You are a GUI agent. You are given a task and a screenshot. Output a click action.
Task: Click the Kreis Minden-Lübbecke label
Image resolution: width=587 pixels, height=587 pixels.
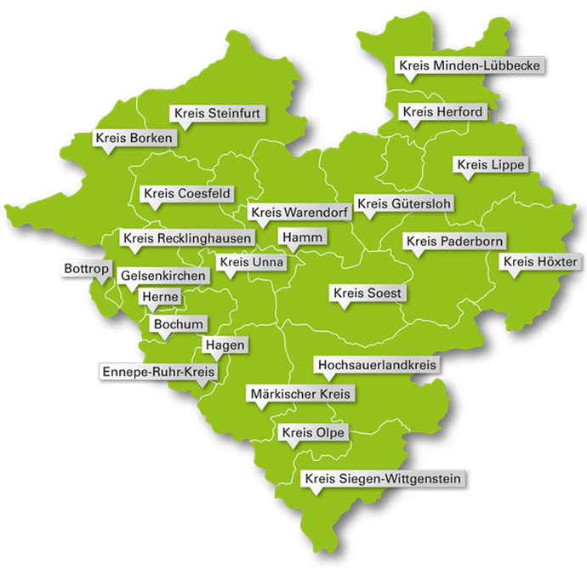(x=469, y=66)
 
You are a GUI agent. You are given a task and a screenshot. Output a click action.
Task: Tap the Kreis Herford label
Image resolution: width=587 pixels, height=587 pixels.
(x=442, y=111)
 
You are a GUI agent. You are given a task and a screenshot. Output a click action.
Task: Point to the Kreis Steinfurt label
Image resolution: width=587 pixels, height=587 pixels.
(x=219, y=112)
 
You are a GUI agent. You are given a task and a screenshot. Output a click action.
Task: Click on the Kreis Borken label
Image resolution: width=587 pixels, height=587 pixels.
(x=134, y=138)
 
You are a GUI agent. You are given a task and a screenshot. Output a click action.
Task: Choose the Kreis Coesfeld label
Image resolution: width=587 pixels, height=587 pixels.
(x=187, y=194)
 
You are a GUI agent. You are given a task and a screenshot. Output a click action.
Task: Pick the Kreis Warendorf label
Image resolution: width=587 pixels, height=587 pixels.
(x=298, y=212)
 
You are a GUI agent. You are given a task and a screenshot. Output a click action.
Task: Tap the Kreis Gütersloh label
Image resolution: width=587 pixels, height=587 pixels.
(x=404, y=203)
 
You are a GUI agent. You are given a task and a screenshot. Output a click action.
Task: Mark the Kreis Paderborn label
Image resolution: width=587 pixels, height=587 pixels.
(x=455, y=242)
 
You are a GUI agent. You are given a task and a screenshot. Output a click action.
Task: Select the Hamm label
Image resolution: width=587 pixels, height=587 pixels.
(x=302, y=237)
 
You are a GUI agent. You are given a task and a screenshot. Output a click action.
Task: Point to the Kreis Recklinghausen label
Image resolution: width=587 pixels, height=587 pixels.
(x=186, y=238)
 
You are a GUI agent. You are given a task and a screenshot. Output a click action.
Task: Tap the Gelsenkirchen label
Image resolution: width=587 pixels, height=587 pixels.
(x=162, y=276)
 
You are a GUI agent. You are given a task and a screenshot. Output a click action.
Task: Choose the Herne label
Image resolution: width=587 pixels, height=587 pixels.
(x=160, y=296)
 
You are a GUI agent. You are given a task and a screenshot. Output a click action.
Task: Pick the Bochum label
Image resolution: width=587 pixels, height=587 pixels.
(x=179, y=324)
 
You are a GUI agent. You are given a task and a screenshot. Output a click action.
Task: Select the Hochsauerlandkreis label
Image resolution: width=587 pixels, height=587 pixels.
(x=377, y=365)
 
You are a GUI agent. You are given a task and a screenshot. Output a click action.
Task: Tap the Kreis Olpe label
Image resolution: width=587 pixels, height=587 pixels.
(x=312, y=433)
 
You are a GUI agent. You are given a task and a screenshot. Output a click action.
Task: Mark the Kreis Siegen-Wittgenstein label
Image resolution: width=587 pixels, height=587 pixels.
(x=383, y=480)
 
